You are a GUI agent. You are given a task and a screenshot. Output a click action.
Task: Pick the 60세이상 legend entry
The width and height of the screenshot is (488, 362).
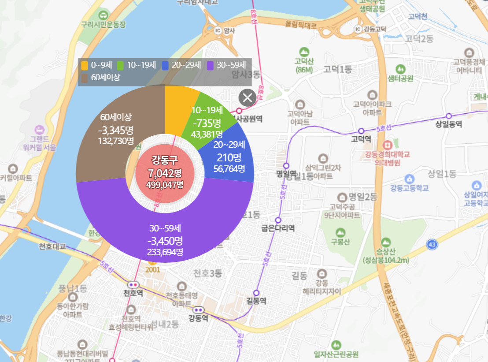pyautogui.click(x=101, y=78)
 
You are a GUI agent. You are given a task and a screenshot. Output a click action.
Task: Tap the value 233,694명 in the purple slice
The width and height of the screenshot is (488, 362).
pyautogui.click(x=165, y=252)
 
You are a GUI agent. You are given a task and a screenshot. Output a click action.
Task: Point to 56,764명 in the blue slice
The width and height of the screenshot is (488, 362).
pyautogui.click(x=229, y=168)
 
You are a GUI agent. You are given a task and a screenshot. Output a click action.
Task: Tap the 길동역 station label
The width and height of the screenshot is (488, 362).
pyautogui.click(x=256, y=302)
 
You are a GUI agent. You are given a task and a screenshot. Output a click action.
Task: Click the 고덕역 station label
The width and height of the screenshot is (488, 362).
pyautogui.click(x=361, y=139)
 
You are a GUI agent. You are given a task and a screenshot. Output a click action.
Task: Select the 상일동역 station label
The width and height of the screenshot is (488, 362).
pyautogui.click(x=448, y=124)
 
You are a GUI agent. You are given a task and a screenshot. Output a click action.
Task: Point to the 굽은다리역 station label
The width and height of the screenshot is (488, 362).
pyautogui.click(x=278, y=228)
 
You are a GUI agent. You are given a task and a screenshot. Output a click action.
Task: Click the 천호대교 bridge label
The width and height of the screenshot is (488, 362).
pyautogui.click(x=52, y=246)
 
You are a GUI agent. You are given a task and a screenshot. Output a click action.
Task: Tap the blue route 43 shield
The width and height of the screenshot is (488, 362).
pyautogui.click(x=432, y=244)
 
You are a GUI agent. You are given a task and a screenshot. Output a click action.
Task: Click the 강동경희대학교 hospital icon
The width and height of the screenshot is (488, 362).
pyautogui.click(x=388, y=144)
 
